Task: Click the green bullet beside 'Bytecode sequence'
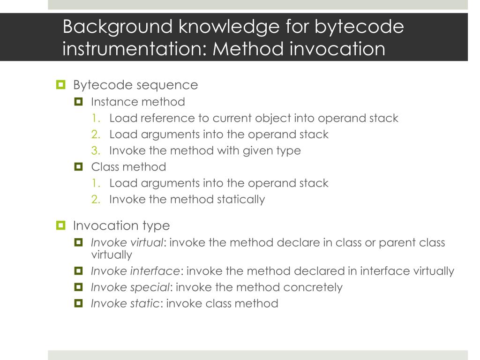60,85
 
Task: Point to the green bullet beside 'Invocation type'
60,226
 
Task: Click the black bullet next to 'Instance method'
78,102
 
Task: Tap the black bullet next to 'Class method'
78,166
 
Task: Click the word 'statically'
241,199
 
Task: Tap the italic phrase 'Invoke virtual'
127,243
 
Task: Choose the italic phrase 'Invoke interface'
135,271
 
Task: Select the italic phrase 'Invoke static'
125,303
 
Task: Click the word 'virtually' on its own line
112,255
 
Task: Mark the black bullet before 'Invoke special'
78,287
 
